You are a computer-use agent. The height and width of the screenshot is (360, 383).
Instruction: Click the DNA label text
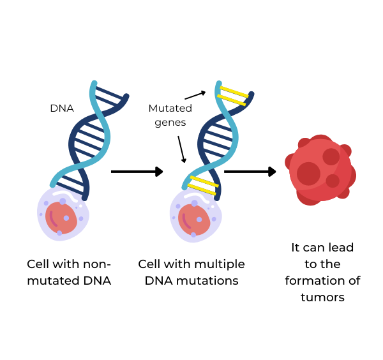[62, 109]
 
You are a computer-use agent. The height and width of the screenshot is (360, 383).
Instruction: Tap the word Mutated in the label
[170, 109]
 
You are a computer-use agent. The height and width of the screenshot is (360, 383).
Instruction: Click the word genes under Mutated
[170, 122]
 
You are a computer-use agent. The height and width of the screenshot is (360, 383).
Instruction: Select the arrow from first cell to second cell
[137, 171]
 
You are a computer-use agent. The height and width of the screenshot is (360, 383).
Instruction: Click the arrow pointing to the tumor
[250, 171]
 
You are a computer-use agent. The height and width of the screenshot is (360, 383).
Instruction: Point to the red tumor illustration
[319, 170]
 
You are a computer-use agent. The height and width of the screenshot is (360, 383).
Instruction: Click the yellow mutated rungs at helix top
[232, 94]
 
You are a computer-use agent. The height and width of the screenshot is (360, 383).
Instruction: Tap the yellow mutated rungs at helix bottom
[204, 184]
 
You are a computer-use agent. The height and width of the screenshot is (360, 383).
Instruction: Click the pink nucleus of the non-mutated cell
[61, 218]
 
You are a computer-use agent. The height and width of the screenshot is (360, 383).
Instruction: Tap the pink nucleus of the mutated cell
[193, 220]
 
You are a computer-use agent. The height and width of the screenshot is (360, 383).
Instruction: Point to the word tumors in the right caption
[322, 297]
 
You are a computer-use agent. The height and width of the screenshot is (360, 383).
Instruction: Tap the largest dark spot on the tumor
[308, 174]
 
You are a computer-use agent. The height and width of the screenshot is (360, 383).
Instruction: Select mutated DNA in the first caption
[69, 280]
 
